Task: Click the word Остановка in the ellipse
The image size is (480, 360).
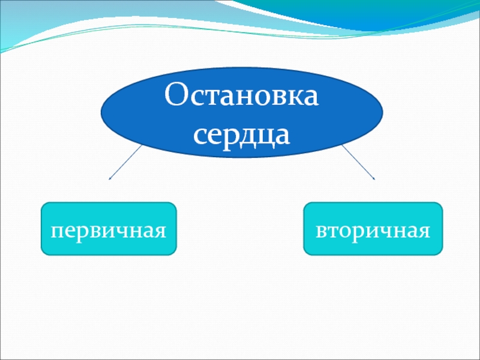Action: pos(242,94)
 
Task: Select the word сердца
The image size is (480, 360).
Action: pos(242,136)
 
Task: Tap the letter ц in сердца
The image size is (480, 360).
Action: pos(263,137)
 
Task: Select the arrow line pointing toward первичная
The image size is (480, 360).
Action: pos(125,162)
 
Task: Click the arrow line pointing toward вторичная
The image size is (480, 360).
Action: pos(358,162)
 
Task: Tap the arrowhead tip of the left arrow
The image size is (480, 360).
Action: pos(109,179)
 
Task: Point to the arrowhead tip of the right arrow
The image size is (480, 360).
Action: pos(374,179)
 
